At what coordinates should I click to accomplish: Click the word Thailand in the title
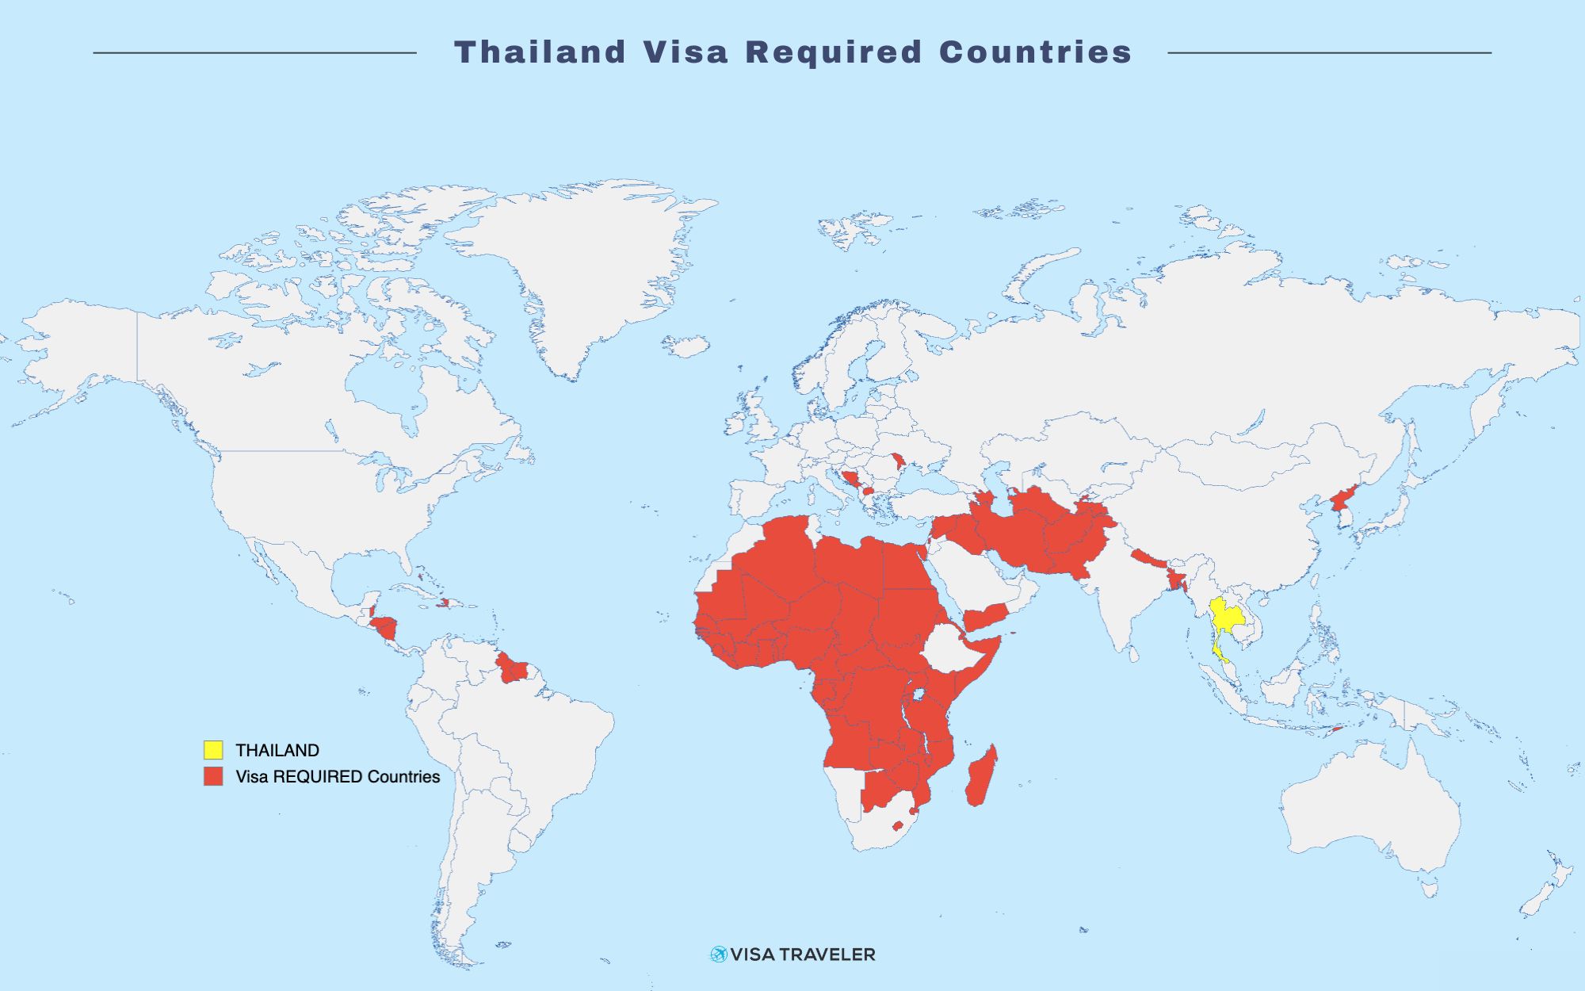pyautogui.click(x=540, y=52)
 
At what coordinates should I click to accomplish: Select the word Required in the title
pyautogui.click(x=834, y=52)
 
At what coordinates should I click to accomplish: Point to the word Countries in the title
pyautogui.click(x=1035, y=52)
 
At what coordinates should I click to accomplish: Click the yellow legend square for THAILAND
pyautogui.click(x=213, y=750)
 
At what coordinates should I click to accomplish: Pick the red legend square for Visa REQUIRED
pyautogui.click(x=213, y=776)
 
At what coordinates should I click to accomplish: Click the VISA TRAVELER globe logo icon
pyautogui.click(x=718, y=954)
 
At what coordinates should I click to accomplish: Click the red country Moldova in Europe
pyautogui.click(x=898, y=461)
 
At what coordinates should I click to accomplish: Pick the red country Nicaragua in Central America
pyautogui.click(x=387, y=629)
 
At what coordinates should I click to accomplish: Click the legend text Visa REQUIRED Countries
pyautogui.click(x=338, y=777)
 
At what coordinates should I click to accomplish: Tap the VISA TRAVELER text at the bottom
pyautogui.click(x=802, y=955)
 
